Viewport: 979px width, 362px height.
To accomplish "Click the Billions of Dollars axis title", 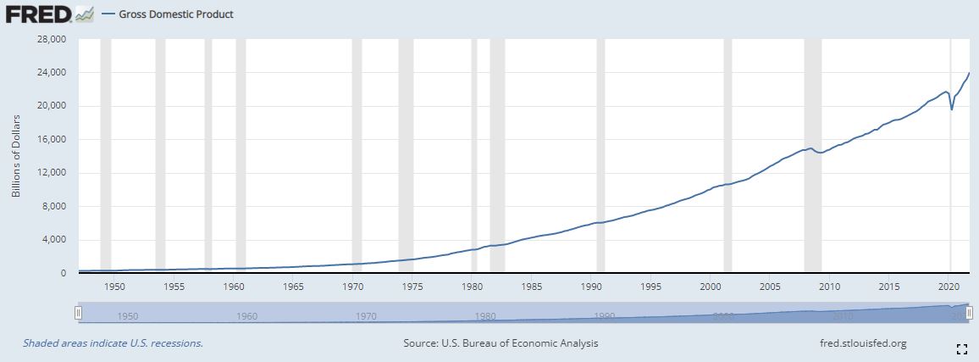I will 16,156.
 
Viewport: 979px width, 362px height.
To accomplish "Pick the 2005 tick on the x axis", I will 770,287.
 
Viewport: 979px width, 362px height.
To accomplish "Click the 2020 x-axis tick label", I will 949,287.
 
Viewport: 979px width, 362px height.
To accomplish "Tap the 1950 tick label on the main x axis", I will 114,287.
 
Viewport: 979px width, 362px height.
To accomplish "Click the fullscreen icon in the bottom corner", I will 961,348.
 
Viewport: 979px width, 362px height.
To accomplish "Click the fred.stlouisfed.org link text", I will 858,343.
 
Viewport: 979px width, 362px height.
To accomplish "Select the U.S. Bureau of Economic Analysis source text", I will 501,343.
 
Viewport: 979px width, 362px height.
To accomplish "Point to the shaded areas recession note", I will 113,343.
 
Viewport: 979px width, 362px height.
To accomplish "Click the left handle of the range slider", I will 78,313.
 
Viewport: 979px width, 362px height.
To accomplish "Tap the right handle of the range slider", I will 970,313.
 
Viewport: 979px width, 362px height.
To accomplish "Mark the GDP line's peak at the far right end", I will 969,73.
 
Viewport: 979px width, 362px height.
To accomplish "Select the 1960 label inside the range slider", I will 247,316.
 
